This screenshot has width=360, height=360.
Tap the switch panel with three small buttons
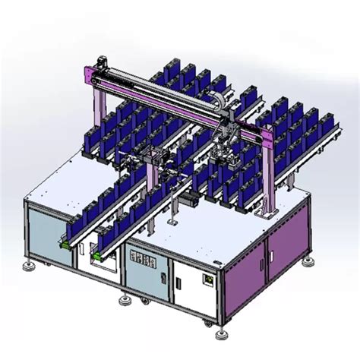146,260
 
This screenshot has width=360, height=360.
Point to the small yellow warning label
206,279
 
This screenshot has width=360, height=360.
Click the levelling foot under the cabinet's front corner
220,332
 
